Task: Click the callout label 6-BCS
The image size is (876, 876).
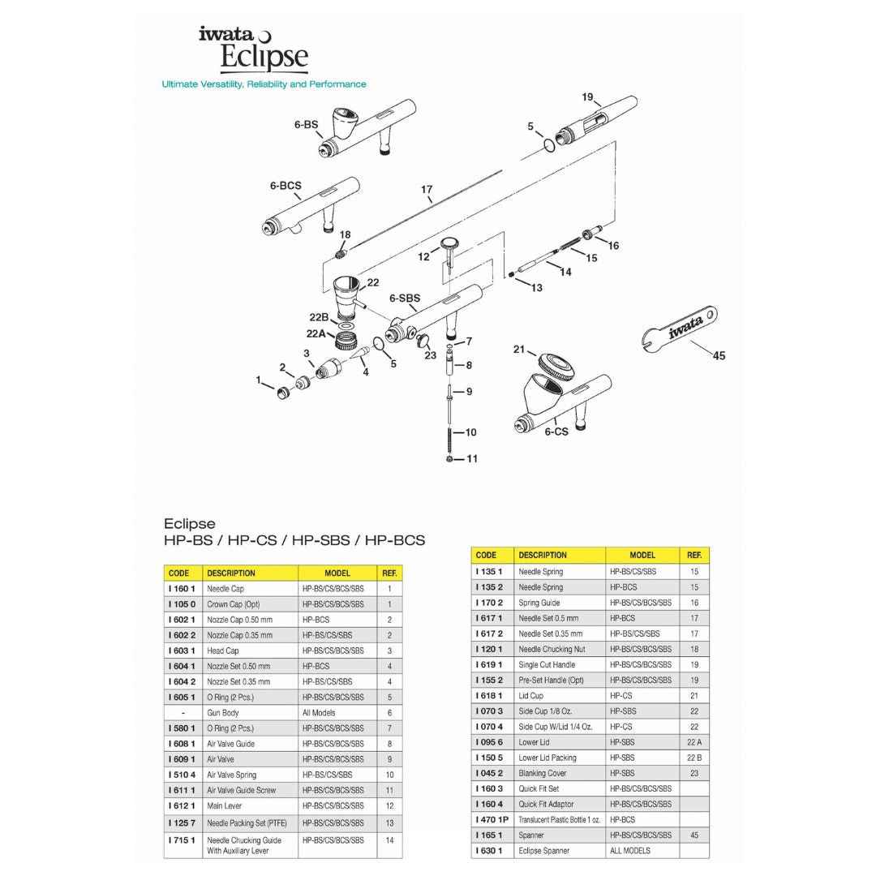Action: coord(286,186)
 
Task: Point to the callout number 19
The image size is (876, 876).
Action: coord(588,97)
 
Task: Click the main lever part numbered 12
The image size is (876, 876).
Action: coord(449,247)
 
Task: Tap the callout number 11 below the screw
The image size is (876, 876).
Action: coord(471,459)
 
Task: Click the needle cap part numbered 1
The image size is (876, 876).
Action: coord(283,393)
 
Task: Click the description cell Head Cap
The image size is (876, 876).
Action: coord(223,651)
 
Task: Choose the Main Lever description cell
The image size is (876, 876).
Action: coord(224,805)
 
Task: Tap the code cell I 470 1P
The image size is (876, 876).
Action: coord(492,819)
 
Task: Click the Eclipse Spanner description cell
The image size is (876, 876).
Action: coord(543,851)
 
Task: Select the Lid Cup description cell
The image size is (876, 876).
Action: coord(531,696)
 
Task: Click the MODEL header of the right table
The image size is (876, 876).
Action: coord(642,556)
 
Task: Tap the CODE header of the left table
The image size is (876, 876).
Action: coord(178,573)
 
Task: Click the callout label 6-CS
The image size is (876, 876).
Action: coord(556,432)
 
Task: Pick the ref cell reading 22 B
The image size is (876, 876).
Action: coord(693,758)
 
